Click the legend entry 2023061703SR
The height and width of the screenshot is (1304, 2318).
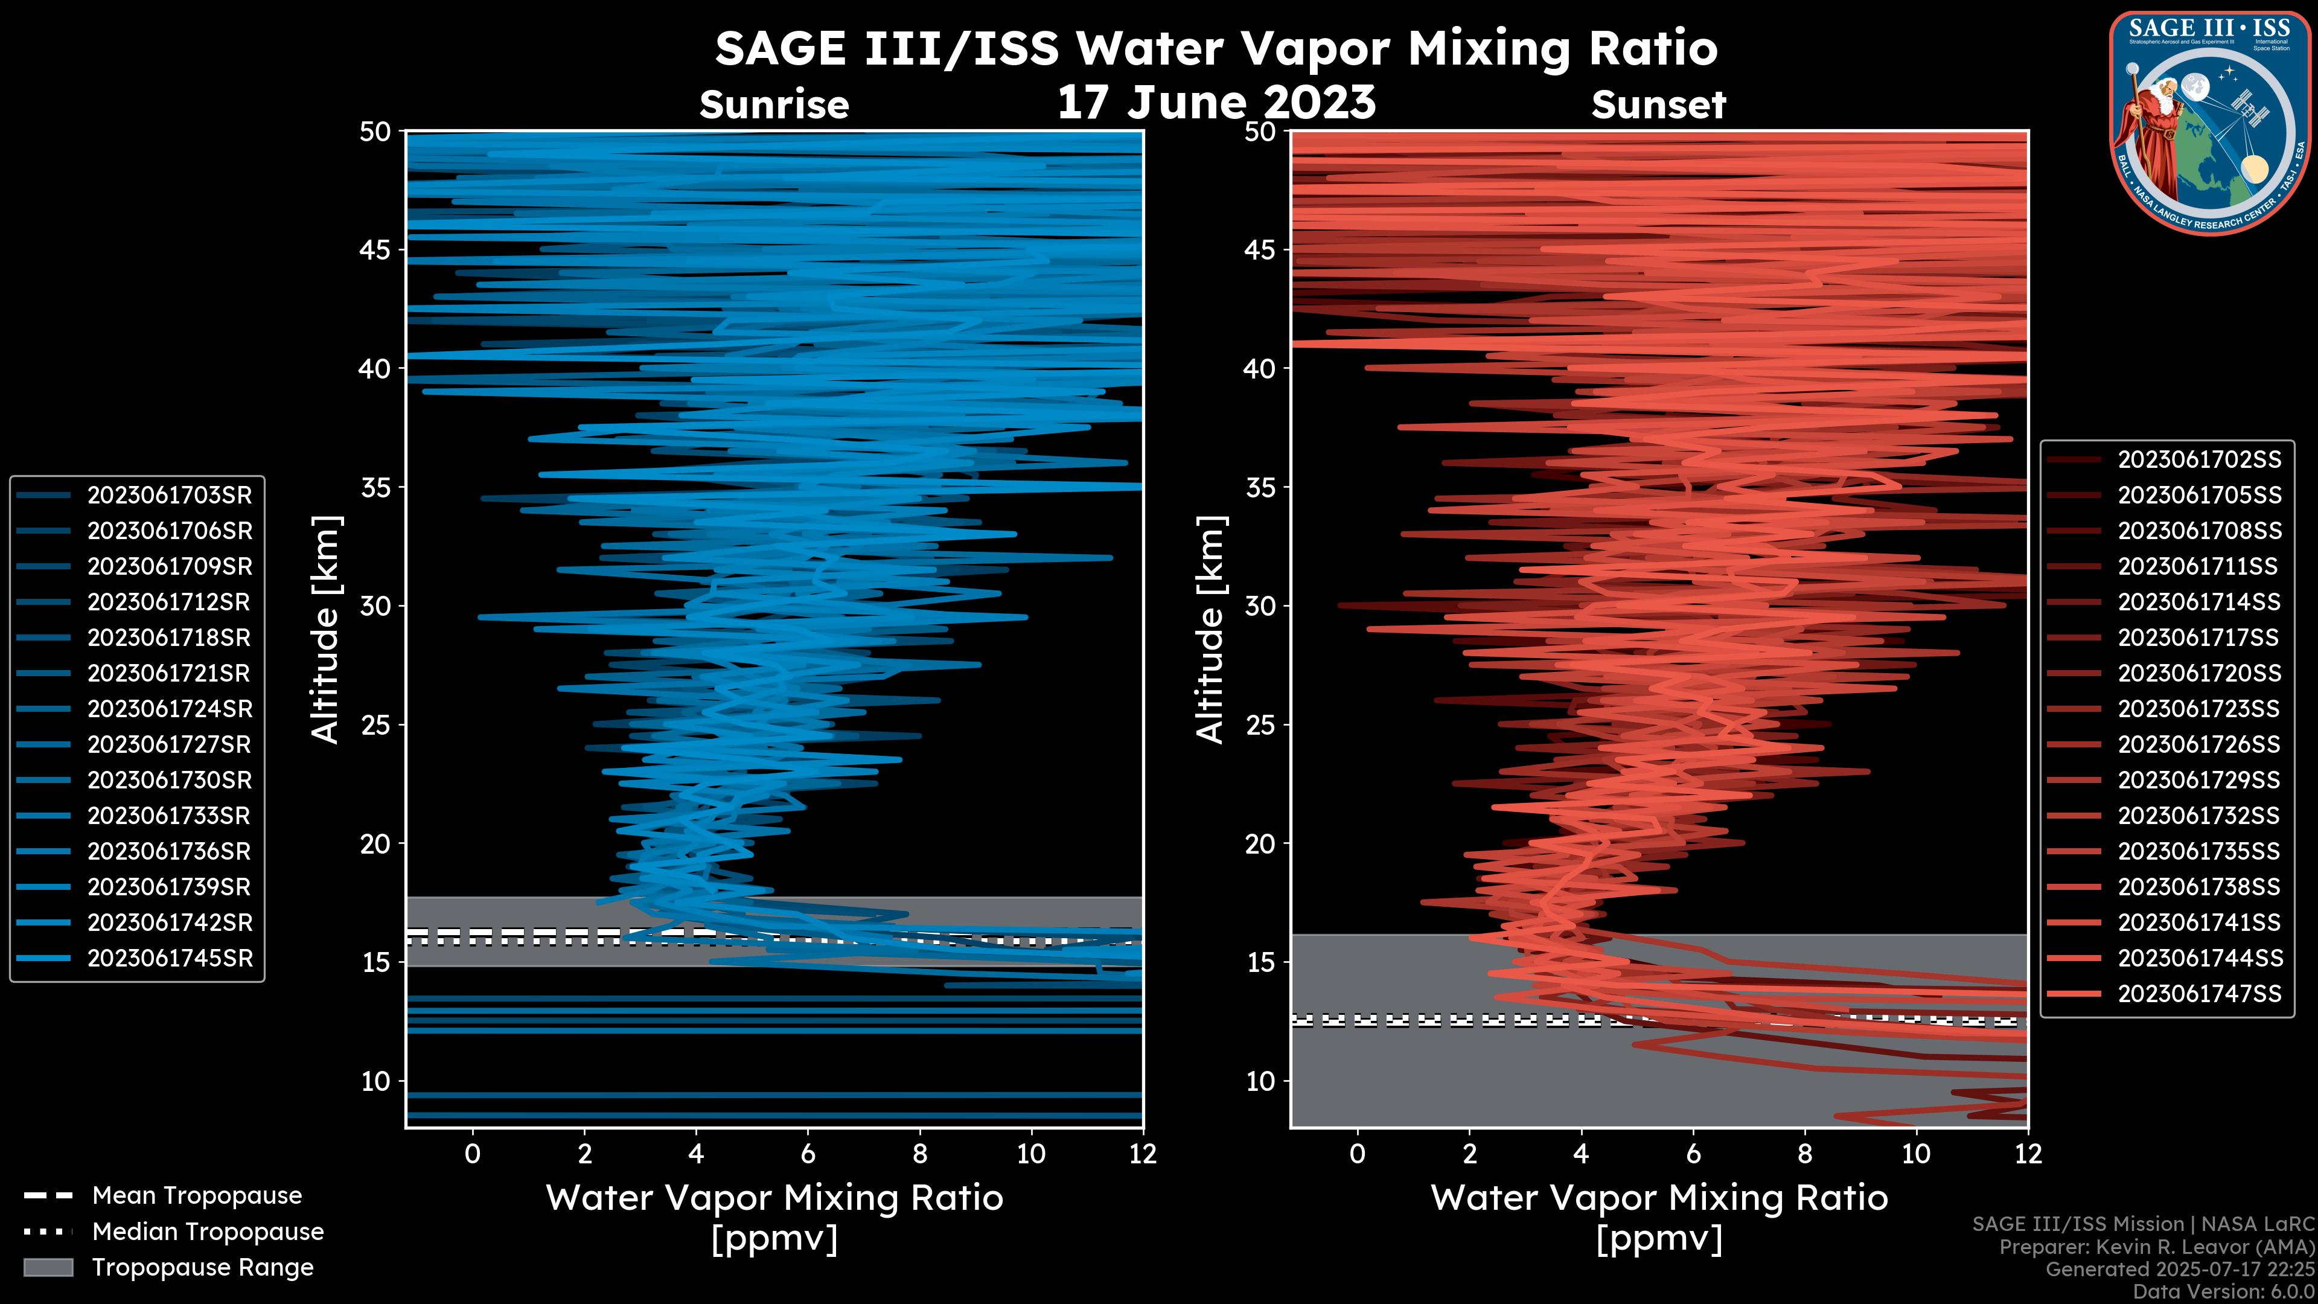pos(169,495)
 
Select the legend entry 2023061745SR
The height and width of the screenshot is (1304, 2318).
pos(169,959)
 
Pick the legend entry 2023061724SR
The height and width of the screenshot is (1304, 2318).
pos(169,709)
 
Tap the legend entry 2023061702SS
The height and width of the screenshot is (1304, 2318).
pos(2198,460)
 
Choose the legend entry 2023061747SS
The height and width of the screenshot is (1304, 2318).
pos(2198,994)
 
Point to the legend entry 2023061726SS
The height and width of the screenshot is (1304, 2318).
pos(2198,745)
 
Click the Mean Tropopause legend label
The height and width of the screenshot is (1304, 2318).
pos(197,1196)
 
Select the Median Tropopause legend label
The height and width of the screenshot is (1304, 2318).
pos(208,1232)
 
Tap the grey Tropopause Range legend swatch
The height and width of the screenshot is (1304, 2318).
pos(48,1267)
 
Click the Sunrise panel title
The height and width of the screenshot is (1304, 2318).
pos(774,105)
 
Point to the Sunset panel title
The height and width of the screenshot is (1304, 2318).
pos(1658,105)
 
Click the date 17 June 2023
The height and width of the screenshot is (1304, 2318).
pos(1216,103)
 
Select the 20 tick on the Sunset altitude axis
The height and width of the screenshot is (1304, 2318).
pos(1260,844)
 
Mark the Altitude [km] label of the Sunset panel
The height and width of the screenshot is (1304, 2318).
pos(1210,629)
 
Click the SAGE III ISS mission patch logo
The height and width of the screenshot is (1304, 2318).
pos(2210,123)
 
